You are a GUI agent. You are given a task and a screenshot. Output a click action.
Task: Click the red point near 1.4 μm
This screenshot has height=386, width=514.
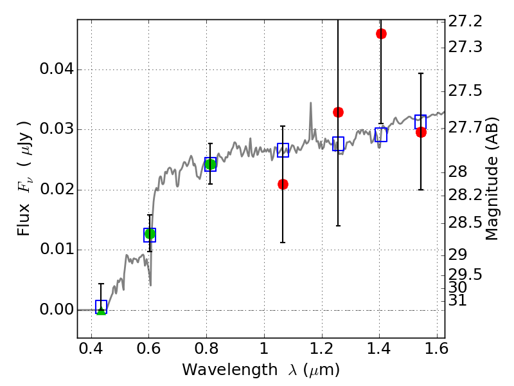pos(381,33)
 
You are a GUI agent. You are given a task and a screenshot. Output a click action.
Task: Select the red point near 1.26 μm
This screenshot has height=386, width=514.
pos(338,112)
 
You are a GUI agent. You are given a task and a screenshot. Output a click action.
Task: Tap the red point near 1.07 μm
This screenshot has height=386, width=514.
pos(283,184)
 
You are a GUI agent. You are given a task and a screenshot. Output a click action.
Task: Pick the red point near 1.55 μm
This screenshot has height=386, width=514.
pos(421,132)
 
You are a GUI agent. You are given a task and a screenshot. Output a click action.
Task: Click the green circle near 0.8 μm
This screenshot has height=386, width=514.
pos(210,165)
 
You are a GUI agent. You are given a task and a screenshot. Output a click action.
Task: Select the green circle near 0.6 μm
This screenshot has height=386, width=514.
pos(150,234)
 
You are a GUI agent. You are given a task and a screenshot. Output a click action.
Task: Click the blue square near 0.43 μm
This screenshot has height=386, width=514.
pos(101,307)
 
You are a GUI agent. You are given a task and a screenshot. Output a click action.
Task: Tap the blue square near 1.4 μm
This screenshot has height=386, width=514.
pos(381,134)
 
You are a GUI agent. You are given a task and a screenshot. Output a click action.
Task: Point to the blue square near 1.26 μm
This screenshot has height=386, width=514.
pos(338,143)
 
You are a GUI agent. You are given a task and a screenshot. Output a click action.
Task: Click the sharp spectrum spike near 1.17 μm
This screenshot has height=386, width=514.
pos(311,103)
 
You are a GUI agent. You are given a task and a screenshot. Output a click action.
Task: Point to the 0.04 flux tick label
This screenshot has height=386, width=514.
pos(56,69)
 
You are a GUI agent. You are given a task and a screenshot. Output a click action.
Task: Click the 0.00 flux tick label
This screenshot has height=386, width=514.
pos(56,309)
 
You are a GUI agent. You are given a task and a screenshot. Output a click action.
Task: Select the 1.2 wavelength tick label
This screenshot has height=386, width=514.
pos(321,351)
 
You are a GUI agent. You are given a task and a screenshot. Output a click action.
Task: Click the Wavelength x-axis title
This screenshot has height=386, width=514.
pos(260,370)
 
